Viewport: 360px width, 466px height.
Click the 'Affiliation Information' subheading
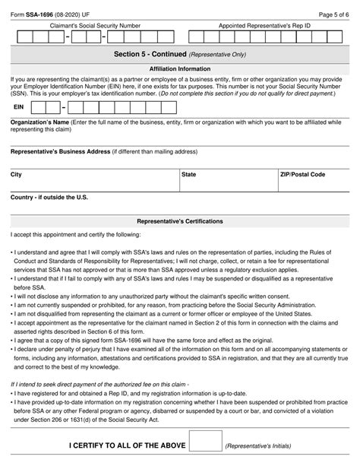(x=180, y=69)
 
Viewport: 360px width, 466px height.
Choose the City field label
(x=16, y=174)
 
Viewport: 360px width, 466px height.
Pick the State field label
(x=189, y=174)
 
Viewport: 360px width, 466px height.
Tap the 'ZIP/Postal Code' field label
(x=303, y=174)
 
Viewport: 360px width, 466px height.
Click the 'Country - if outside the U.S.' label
(x=49, y=197)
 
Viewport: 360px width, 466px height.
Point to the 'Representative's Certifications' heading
(x=180, y=221)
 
